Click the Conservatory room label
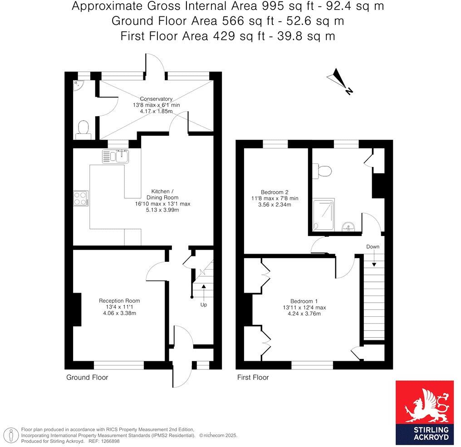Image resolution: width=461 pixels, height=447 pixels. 156,98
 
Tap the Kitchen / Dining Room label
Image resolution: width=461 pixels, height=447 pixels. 162,197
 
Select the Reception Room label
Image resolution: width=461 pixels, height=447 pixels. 119,300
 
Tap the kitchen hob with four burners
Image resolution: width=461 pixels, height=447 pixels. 80,198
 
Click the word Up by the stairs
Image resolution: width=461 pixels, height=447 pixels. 204,305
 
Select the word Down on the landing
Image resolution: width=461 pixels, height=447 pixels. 373,246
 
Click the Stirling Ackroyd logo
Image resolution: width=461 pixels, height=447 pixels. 424,413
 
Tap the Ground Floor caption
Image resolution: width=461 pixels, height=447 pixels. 87,377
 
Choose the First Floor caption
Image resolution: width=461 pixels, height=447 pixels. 253,377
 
